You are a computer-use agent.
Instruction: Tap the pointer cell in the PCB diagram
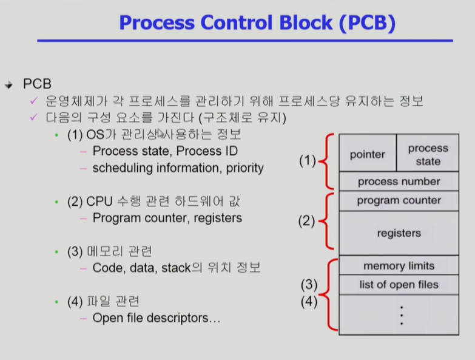[x=367, y=154]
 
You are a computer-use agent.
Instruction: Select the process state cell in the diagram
[x=428, y=154]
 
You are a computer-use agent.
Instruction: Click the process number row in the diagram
[x=399, y=182]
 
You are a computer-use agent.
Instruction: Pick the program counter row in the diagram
[x=399, y=200]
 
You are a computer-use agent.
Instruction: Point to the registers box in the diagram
[x=399, y=233]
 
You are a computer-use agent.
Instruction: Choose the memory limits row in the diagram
[x=399, y=266]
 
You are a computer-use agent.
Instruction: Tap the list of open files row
[x=399, y=284]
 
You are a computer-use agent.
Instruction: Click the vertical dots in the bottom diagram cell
[x=402, y=315]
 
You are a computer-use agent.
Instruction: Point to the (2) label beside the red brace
[x=308, y=221]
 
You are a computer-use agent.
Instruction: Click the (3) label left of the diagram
[x=310, y=284]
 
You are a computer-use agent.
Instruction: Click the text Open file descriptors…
[x=157, y=318]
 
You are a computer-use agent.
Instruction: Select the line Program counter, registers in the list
[x=167, y=217]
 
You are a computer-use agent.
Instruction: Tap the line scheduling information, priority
[x=178, y=168]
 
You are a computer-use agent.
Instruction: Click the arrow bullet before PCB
[x=8, y=85]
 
